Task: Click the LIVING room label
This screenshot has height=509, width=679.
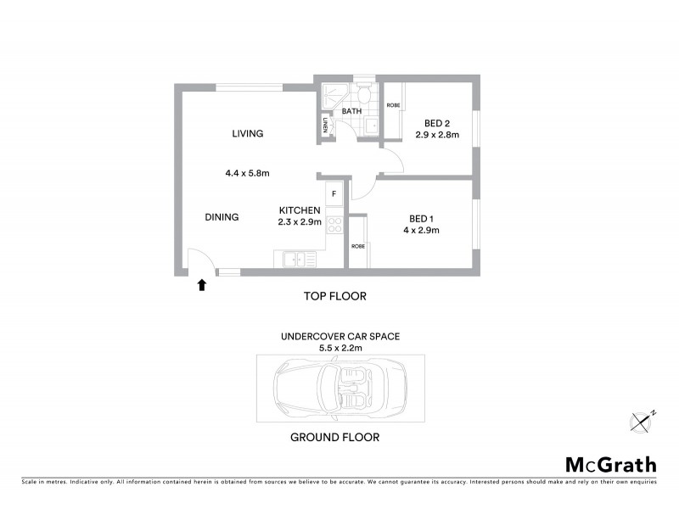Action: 248,133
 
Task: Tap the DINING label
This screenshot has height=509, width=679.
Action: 222,217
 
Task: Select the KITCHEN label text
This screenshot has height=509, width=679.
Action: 300,210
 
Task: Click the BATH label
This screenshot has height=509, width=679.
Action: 352,111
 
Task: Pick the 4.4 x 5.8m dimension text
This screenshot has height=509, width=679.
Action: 247,173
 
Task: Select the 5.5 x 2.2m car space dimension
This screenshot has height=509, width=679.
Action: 339,348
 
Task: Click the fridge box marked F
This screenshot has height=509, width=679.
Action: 334,194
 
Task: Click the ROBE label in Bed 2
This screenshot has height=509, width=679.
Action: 393,105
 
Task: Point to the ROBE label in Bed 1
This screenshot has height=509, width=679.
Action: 357,245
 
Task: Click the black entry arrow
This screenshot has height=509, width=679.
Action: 202,286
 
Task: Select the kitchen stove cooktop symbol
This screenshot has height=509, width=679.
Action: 334,226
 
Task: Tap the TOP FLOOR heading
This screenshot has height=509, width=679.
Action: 334,296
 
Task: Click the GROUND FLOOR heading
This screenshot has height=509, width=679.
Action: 334,438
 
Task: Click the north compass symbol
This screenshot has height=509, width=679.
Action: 643,419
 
